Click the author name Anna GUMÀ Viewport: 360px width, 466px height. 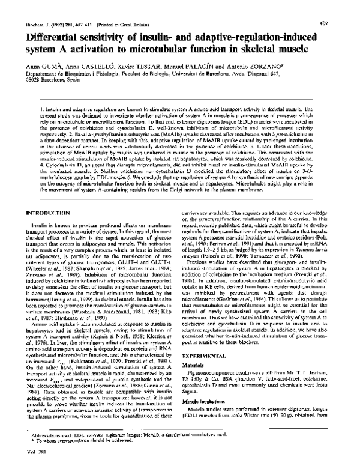pyautogui.click(x=29, y=53)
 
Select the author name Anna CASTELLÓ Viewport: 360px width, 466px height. pyautogui.click(x=79, y=53)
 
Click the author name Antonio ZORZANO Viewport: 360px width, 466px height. pyautogui.click(x=259, y=53)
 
